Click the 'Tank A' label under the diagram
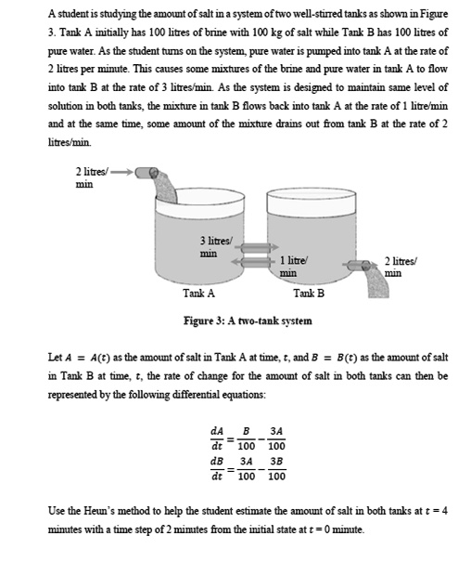tap(198, 294)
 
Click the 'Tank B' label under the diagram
tap(308, 294)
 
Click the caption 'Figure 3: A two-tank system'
tap(248, 320)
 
